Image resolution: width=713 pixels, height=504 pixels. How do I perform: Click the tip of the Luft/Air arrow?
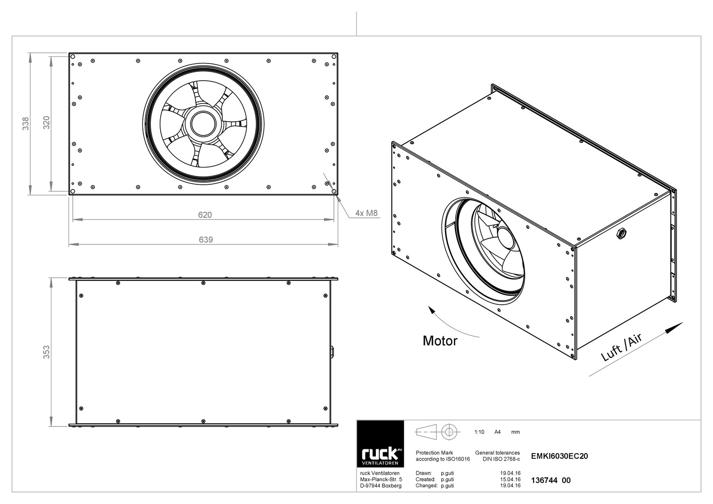683,322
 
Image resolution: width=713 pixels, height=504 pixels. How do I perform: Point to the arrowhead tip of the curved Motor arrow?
429,306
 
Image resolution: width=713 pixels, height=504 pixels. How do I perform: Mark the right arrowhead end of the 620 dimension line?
334,219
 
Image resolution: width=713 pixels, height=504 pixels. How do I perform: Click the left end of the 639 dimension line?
69,245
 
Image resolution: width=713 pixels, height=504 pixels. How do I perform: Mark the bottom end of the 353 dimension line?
51,427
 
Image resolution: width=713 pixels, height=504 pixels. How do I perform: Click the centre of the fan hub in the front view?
204,124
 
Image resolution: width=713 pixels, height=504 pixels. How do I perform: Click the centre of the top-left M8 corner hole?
72,56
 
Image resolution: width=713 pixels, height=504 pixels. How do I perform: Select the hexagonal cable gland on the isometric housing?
621,234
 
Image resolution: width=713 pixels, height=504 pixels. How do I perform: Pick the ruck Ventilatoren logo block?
381,444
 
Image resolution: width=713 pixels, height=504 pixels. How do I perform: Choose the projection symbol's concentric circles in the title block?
449,432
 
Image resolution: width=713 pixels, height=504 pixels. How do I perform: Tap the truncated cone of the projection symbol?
426,432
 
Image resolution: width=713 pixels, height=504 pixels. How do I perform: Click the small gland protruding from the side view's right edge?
332,352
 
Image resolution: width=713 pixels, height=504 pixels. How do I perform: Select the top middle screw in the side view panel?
204,283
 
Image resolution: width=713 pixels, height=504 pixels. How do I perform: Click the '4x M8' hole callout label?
367,213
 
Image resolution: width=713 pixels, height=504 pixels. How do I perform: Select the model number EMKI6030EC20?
559,456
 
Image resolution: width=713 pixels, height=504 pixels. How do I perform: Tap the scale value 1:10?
479,432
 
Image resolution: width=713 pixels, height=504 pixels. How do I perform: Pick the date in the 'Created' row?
510,479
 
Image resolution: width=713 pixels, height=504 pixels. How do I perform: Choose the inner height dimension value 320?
47,123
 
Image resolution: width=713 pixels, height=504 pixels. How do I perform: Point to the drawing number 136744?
544,480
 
